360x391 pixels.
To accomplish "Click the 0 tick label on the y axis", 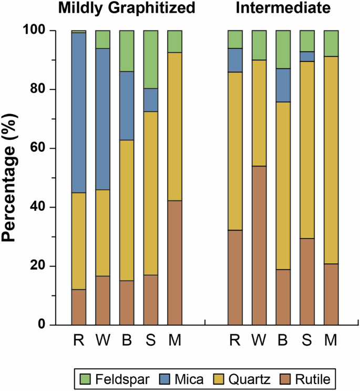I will point(42,325).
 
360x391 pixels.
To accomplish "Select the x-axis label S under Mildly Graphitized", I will point(151,340).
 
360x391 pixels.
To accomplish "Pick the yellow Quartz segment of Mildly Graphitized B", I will point(127,210).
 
